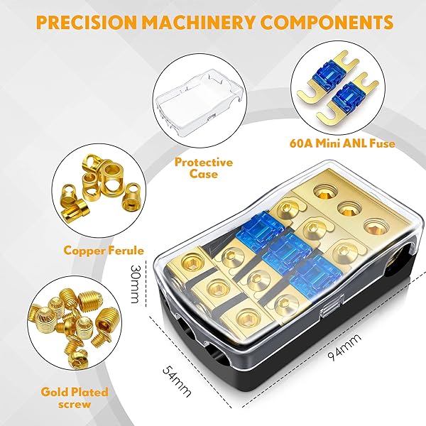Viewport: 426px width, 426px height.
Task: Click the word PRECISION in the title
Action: [x=86, y=22]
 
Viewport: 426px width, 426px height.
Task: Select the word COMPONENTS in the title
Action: [x=327, y=22]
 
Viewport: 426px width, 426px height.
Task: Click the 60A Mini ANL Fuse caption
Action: [x=342, y=143]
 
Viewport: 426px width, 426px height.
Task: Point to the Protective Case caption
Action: [x=204, y=168]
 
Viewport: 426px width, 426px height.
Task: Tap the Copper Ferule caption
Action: [x=104, y=250]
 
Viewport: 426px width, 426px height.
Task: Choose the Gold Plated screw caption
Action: [x=75, y=398]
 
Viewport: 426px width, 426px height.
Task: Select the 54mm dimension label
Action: [x=177, y=381]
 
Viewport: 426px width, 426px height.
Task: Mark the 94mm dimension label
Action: [x=344, y=347]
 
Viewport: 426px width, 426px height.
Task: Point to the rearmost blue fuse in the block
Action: [x=261, y=231]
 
